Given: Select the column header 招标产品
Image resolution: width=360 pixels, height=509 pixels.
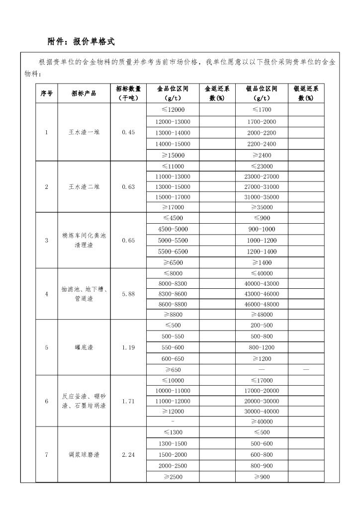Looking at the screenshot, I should point(84,93).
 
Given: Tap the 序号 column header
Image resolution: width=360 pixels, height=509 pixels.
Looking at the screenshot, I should point(46,93).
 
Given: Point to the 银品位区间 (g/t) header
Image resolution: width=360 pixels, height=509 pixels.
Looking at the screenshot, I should point(262,93).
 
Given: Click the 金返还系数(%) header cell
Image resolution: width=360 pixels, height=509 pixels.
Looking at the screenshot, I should point(217,93).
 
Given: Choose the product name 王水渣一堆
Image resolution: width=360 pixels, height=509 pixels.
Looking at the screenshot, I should point(84,133).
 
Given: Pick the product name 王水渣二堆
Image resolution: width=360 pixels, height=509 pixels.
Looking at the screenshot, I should point(84,187).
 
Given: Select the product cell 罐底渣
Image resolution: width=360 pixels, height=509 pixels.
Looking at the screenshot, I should point(84,347).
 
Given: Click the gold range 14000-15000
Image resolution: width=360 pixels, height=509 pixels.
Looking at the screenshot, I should point(173,144).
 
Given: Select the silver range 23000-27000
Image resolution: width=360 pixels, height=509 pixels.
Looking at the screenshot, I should point(262,176).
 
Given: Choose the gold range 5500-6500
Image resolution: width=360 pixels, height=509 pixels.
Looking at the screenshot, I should point(173,252).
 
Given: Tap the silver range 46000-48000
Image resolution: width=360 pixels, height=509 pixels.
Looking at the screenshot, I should point(262,304).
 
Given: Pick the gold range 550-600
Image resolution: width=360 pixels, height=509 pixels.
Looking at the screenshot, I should point(173,347).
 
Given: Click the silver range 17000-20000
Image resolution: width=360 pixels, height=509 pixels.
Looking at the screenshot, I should point(262,391).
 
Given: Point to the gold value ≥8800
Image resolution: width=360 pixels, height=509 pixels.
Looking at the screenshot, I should point(173,315).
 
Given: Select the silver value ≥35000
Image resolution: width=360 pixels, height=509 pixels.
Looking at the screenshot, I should point(262,207).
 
